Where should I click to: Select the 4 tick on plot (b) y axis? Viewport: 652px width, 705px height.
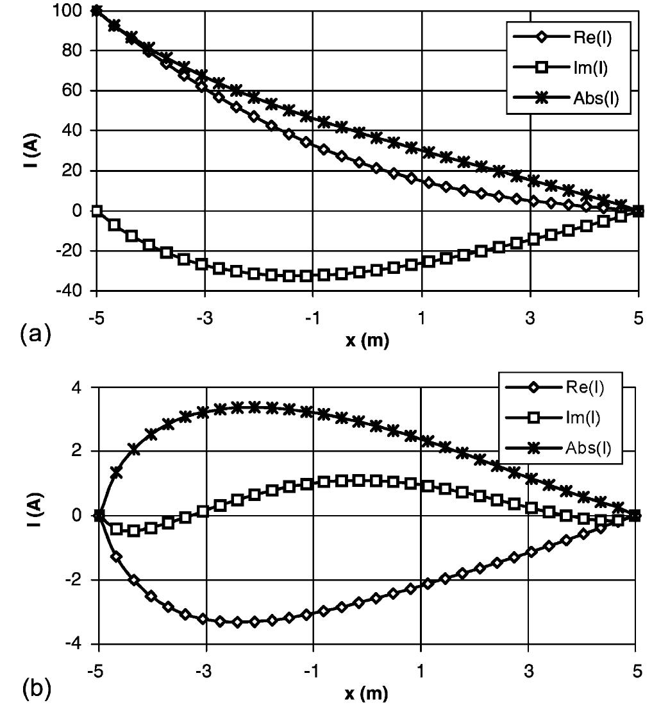click(83, 387)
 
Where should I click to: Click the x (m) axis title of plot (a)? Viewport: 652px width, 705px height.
click(367, 341)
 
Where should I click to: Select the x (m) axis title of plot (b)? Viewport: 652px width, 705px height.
click(367, 694)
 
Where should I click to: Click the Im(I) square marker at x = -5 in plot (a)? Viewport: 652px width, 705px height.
click(97, 210)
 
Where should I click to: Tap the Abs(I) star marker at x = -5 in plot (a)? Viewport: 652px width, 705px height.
click(97, 10)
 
